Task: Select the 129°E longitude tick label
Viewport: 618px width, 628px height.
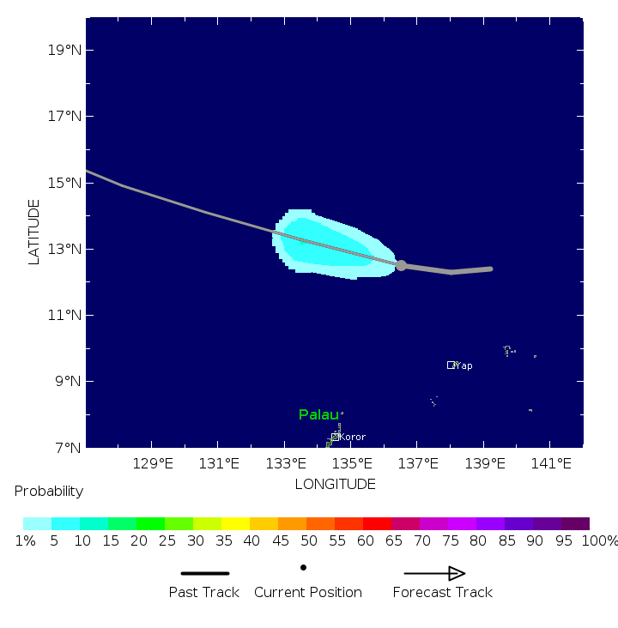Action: (x=152, y=463)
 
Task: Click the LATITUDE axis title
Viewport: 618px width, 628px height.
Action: (x=34, y=232)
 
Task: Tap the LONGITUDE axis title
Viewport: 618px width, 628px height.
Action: (x=335, y=484)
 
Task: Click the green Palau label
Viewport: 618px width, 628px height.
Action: (x=318, y=414)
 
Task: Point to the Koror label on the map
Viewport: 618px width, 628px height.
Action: (x=352, y=437)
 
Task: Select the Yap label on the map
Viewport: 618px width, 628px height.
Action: (x=463, y=365)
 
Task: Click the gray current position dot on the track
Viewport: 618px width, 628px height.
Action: (x=401, y=266)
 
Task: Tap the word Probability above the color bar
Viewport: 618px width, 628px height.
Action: (x=49, y=491)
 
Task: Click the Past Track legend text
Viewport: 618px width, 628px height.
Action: (x=203, y=592)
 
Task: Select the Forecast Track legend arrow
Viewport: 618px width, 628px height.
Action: (x=434, y=573)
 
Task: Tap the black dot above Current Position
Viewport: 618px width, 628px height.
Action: (x=303, y=567)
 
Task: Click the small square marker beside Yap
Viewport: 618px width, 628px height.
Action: (x=451, y=365)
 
